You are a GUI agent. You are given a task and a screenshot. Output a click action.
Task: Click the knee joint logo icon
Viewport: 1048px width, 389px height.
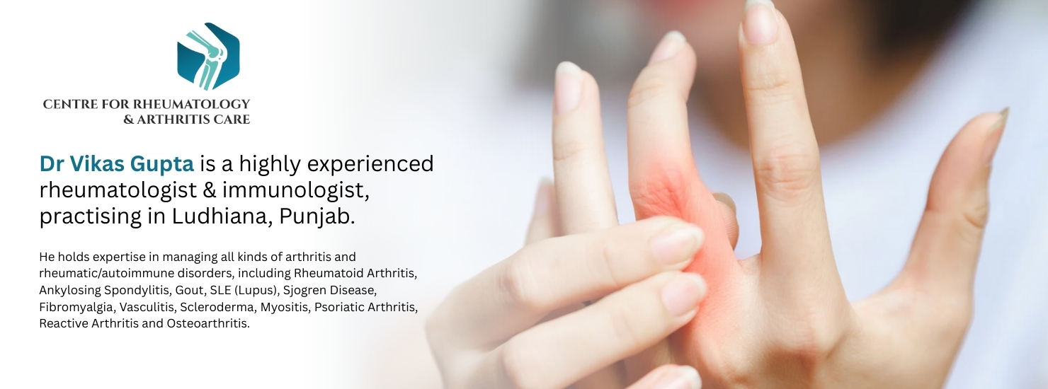click(x=208, y=56)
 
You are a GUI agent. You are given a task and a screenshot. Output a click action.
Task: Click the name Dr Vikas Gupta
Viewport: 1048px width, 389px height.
click(x=117, y=163)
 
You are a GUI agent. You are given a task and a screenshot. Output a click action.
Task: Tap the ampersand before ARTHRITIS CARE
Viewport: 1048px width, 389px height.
click(x=128, y=120)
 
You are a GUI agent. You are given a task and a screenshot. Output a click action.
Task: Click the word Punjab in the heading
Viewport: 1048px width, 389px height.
click(x=317, y=217)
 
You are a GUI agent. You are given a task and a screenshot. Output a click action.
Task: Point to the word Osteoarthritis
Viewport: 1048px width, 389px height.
click(x=208, y=323)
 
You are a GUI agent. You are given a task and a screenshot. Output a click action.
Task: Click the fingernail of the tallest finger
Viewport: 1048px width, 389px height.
click(x=758, y=21)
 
